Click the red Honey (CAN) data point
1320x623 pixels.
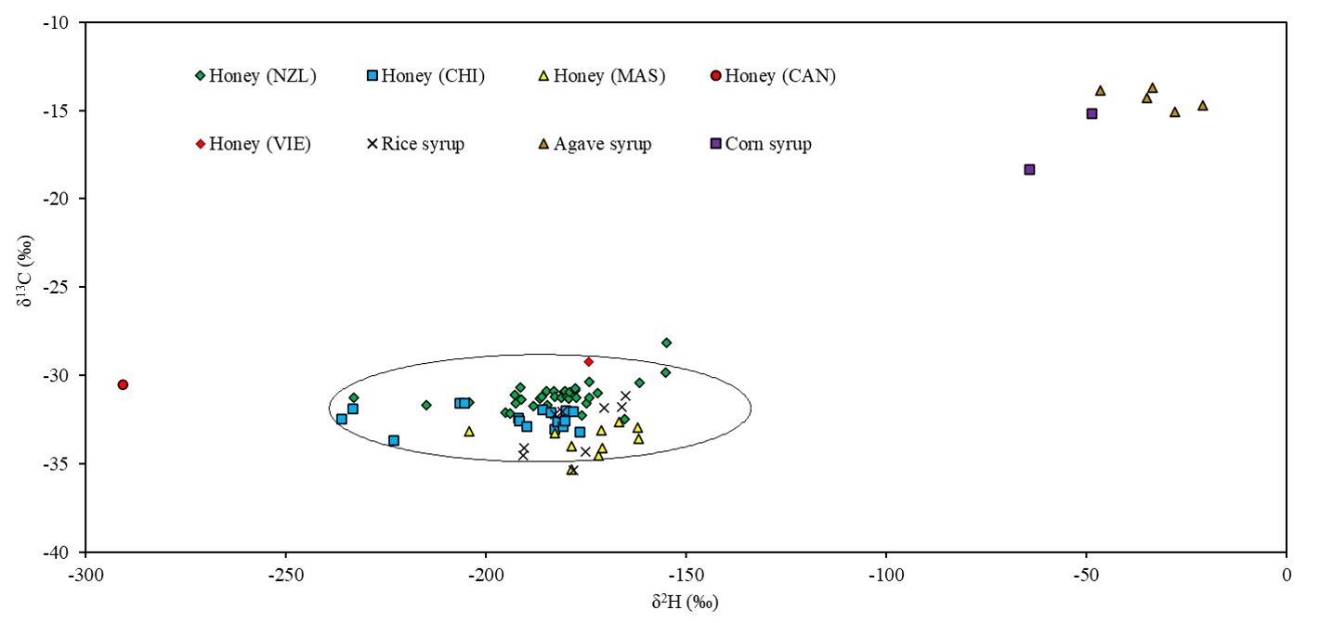123,384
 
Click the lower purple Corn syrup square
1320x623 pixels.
1029,169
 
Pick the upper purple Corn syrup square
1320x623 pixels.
1091,113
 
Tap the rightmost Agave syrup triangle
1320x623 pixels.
1202,105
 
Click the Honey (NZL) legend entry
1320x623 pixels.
255,76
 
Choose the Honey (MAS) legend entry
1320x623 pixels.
603,76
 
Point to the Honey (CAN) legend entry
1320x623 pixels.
773,76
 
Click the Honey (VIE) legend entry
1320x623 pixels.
253,144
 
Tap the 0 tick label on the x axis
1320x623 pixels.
1287,575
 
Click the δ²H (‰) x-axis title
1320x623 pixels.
686,603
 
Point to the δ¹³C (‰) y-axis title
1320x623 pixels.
31,287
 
